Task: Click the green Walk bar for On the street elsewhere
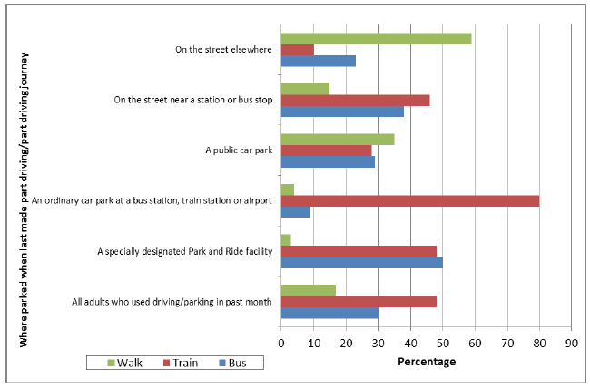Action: point(376,38)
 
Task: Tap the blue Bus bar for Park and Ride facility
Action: point(362,263)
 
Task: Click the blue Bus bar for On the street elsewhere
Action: point(319,62)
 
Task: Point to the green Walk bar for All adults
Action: point(308,290)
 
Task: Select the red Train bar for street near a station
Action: point(355,100)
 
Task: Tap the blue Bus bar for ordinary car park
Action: point(296,213)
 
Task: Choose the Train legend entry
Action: point(182,363)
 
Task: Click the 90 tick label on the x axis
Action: point(571,344)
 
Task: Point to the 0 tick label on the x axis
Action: point(281,344)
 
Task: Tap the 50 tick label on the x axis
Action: point(443,344)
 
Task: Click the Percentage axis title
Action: point(427,362)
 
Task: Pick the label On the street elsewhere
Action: point(223,49)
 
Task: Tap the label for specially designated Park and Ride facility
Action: point(185,250)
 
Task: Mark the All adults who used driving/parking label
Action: point(172,301)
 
